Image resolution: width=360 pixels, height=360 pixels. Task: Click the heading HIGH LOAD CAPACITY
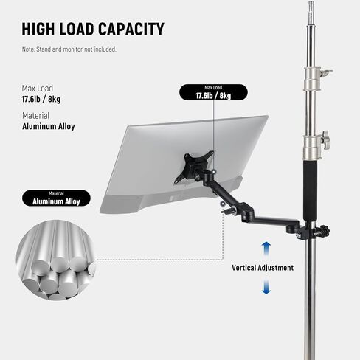pyautogui.click(x=93, y=29)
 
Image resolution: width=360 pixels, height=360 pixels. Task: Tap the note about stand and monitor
pyautogui.click(x=69, y=49)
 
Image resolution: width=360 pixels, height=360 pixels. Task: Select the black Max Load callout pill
pyautogui.click(x=213, y=92)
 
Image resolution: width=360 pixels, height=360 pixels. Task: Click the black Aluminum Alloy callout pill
pyautogui.click(x=56, y=198)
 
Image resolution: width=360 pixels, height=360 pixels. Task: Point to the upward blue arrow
pyautogui.click(x=266, y=249)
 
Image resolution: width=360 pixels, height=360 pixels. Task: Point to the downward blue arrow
pyautogui.click(x=266, y=287)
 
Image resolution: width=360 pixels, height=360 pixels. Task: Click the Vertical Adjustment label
pyautogui.click(x=263, y=268)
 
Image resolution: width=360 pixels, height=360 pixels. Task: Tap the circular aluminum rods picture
pyautogui.click(x=56, y=260)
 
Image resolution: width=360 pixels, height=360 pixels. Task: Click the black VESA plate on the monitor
pyautogui.click(x=194, y=167)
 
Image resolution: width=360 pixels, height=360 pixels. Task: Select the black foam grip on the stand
pyautogui.click(x=310, y=191)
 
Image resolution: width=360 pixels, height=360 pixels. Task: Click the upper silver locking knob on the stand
pyautogui.click(x=326, y=73)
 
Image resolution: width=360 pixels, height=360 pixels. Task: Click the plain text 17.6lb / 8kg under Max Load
pyautogui.click(x=41, y=99)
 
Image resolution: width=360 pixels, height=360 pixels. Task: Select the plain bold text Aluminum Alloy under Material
pyautogui.click(x=49, y=126)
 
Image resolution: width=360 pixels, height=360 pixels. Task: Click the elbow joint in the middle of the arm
pyautogui.click(x=246, y=212)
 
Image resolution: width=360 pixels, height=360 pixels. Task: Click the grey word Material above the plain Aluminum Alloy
pyautogui.click(x=35, y=116)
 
